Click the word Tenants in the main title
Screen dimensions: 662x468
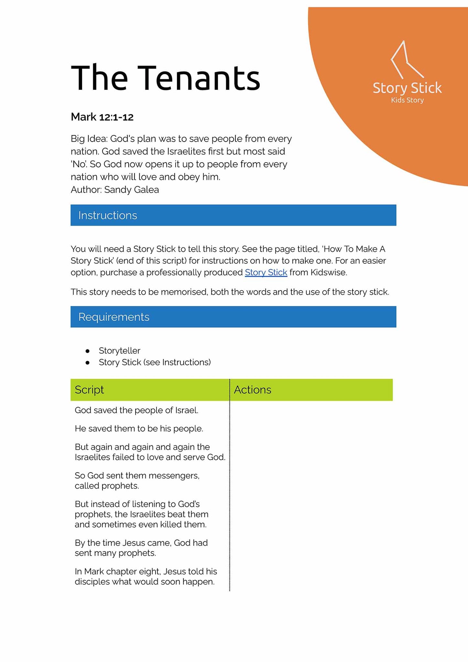200,78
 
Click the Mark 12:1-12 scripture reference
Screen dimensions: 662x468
102,117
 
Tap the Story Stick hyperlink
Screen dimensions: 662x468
266,272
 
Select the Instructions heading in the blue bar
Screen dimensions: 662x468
108,215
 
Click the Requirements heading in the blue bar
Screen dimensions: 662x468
114,317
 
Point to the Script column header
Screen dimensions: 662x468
89,390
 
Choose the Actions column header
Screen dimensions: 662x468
252,390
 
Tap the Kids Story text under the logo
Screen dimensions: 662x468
407,100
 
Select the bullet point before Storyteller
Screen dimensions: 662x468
87,351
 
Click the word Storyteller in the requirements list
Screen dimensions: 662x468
119,351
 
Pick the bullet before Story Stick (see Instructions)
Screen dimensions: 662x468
87,362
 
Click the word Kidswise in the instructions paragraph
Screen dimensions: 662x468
328,272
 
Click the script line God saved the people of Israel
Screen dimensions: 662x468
136,410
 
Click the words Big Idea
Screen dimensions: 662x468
89,139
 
